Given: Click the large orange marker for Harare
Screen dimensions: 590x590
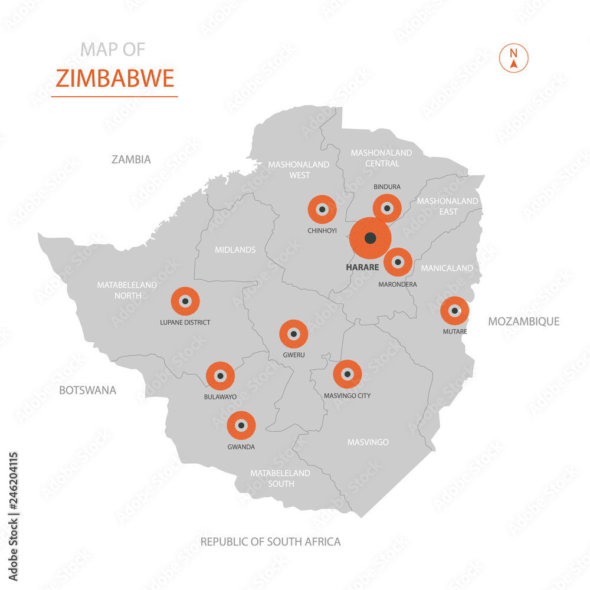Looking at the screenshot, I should [370, 238].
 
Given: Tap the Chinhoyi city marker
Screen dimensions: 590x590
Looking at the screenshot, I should [322, 209].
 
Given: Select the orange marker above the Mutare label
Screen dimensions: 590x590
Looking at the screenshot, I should [454, 310].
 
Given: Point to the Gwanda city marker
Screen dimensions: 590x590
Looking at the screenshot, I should [241, 425].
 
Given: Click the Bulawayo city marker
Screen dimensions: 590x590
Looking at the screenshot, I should [220, 376].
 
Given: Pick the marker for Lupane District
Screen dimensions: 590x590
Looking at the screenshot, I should [185, 301].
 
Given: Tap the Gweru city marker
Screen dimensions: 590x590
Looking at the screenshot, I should [293, 334].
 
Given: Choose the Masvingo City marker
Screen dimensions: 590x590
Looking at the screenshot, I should [347, 374].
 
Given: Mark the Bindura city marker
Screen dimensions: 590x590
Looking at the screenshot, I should [387, 208].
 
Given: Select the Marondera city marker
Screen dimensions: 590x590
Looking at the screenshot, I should [398, 261].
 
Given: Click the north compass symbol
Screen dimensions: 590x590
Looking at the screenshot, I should [513, 58].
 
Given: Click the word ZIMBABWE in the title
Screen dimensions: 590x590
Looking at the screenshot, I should [114, 78].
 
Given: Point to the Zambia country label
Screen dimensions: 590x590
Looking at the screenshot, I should [131, 159].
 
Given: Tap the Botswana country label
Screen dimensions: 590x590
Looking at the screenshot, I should [87, 390].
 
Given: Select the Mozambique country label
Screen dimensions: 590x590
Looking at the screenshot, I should [523, 322].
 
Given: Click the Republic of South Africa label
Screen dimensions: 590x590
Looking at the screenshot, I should [270, 542].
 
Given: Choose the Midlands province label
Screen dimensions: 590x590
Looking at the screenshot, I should [235, 250].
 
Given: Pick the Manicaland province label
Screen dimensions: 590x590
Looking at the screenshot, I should [447, 268].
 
